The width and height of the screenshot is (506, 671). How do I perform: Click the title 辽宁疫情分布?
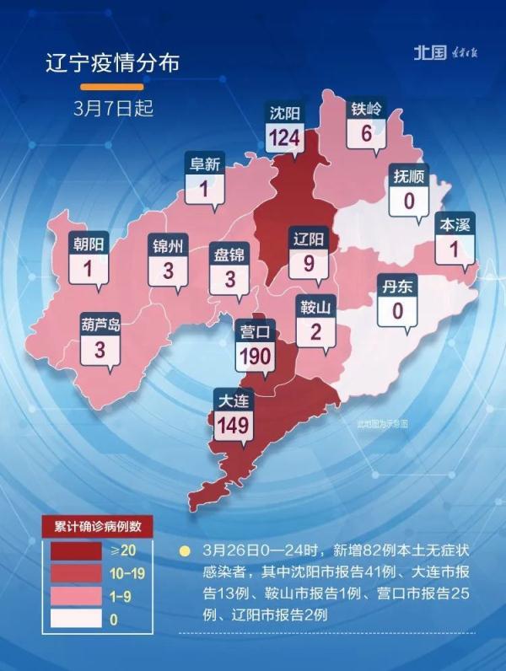pos(112,64)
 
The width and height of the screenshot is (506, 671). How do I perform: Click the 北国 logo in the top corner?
pos(429,52)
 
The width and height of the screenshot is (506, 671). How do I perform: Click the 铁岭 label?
pos(366,110)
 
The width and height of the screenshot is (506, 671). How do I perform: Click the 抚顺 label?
pos(409,177)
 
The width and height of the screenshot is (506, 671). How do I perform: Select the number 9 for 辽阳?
pos(309,263)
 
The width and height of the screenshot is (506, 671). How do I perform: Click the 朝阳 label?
pos(89,244)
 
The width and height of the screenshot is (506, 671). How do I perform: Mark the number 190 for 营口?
pos(255,356)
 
